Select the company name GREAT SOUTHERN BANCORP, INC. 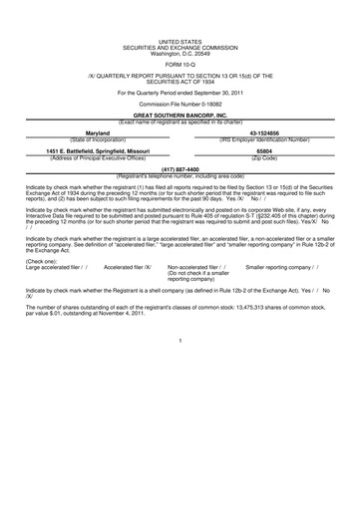click(x=180, y=115)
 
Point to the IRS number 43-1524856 click(x=264, y=132)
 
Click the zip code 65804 click(x=264, y=151)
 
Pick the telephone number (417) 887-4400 click(x=180, y=169)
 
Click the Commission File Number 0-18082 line click(x=180, y=103)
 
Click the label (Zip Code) click(x=264, y=158)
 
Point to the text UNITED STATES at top click(x=180, y=41)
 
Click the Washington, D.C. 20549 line click(x=180, y=53)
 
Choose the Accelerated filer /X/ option click(x=128, y=268)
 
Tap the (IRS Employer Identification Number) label click(x=264, y=139)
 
